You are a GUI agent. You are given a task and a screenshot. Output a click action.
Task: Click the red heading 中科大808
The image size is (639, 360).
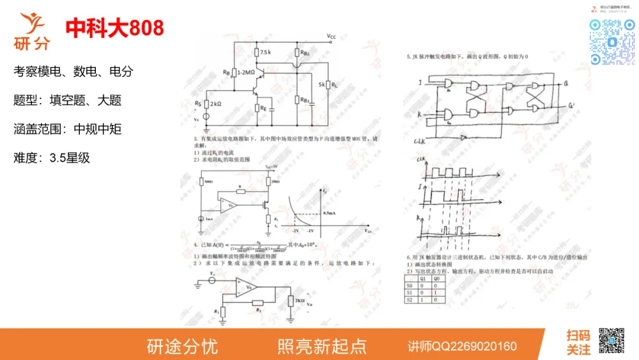click(x=115, y=28)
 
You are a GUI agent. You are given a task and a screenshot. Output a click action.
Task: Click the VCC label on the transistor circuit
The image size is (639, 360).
click(x=331, y=37)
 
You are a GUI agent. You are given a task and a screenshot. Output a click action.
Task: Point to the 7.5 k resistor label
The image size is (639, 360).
click(x=265, y=53)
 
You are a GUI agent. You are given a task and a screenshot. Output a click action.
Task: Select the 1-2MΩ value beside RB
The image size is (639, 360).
click(x=246, y=72)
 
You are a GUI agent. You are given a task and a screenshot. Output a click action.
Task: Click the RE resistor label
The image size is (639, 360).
click(x=263, y=108)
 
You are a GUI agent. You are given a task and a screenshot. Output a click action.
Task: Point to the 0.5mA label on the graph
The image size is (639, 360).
click(x=330, y=213)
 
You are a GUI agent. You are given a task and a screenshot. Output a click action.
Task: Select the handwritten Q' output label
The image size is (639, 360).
click(x=571, y=106)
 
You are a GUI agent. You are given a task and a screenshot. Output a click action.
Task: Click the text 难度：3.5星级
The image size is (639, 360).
click(x=51, y=158)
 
